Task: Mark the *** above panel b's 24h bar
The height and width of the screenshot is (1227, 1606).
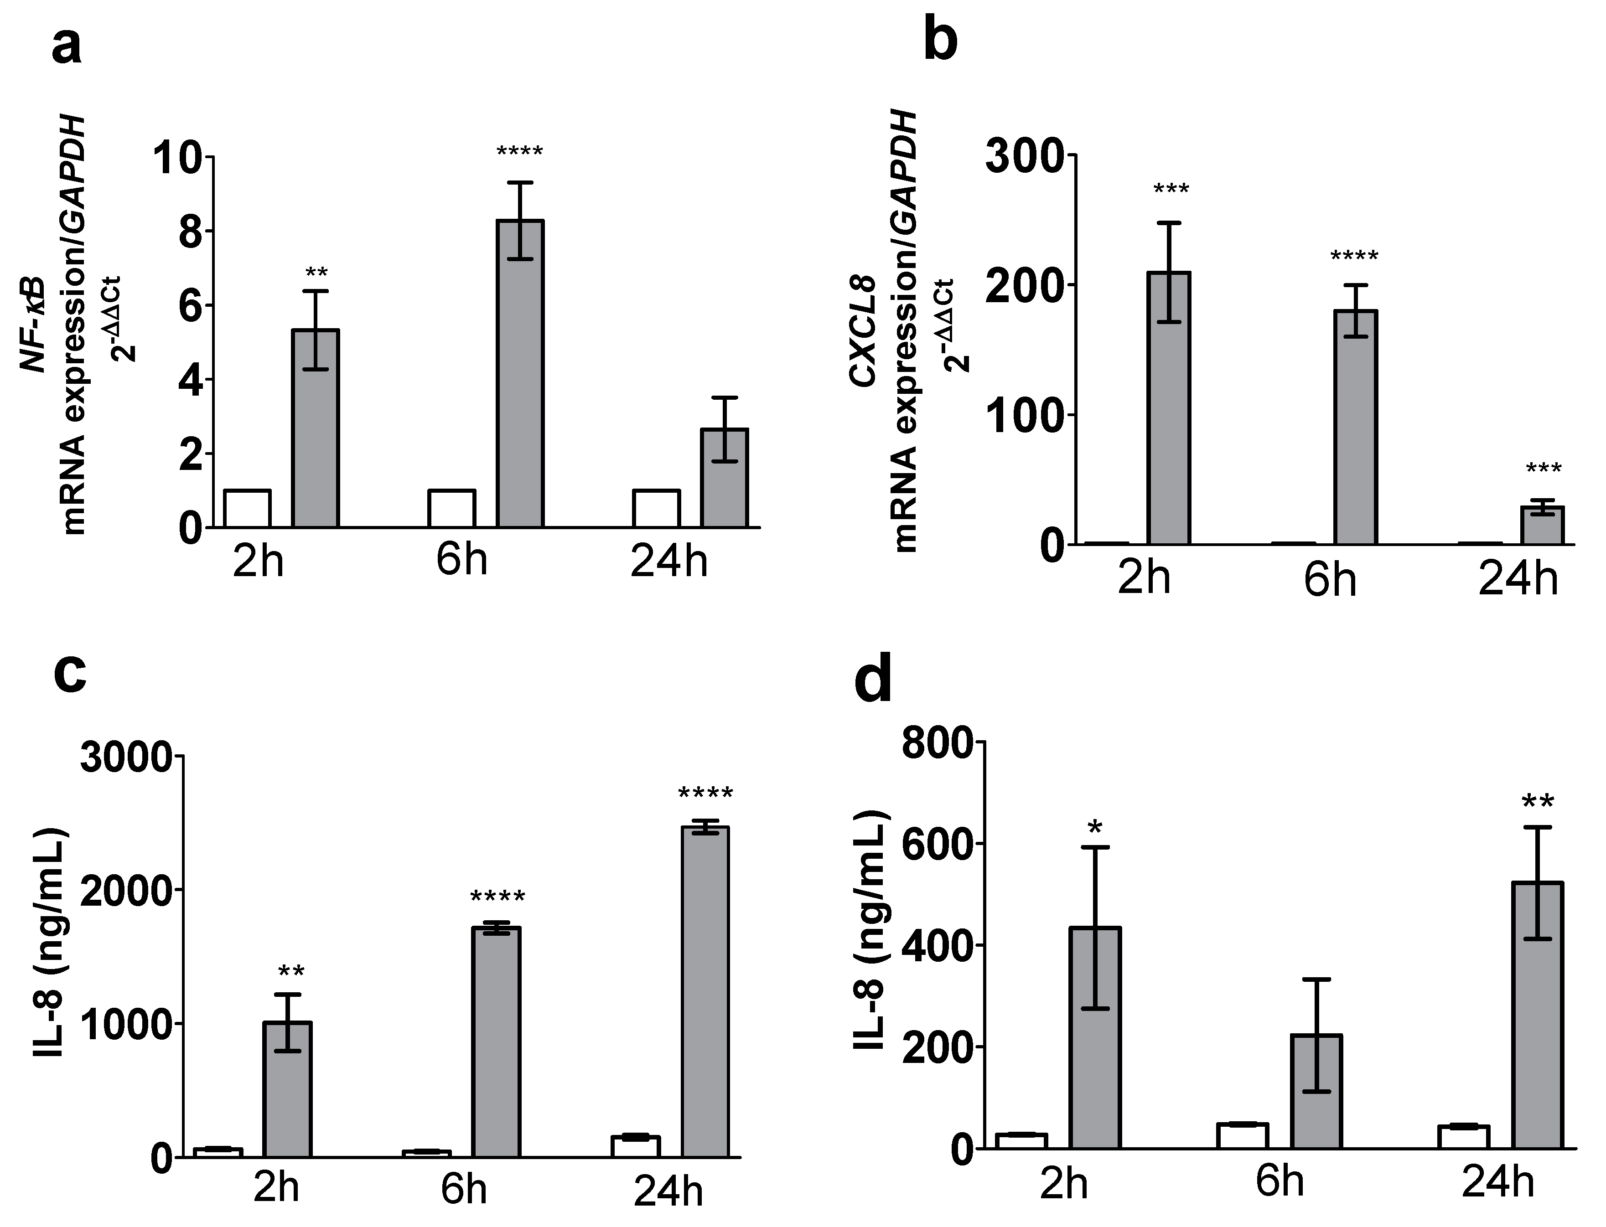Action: click(1543, 469)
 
